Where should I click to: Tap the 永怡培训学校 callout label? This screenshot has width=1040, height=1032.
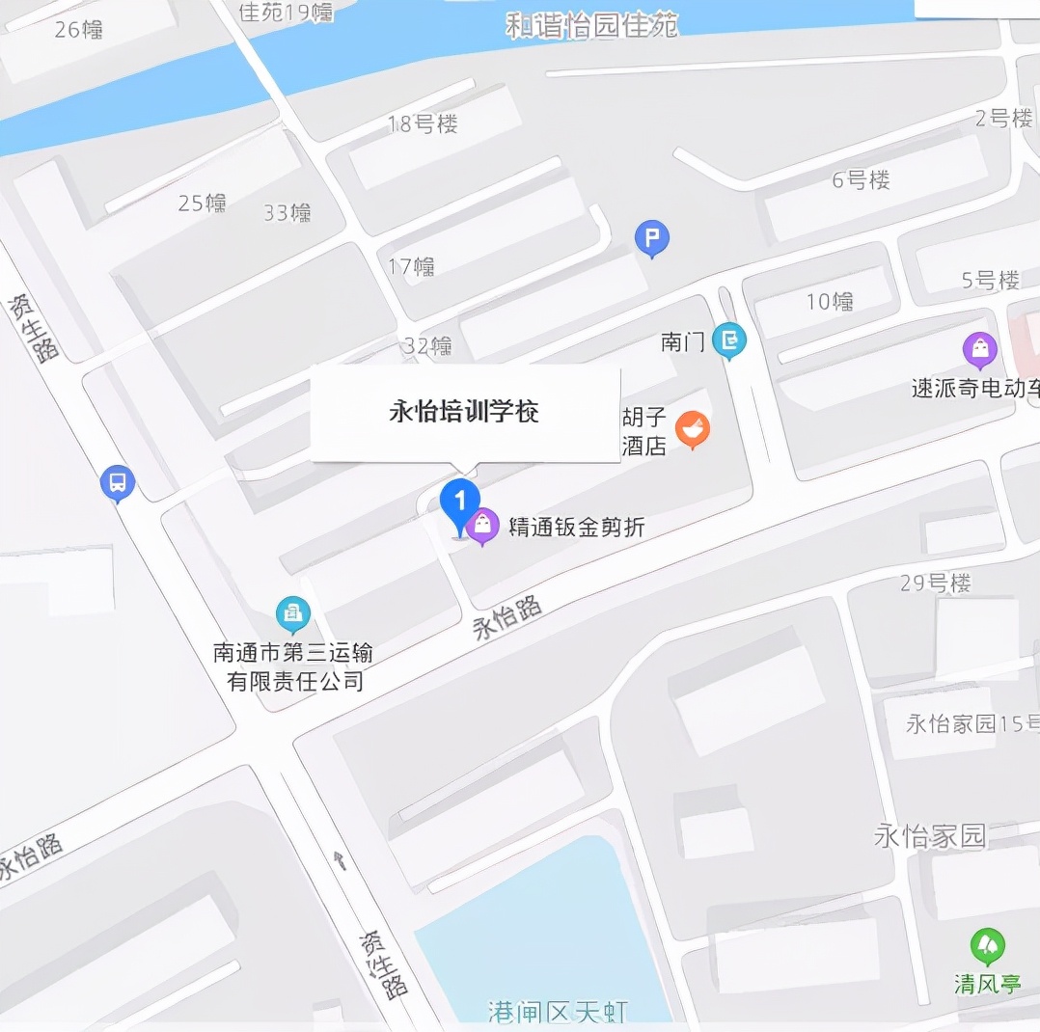pyautogui.click(x=464, y=413)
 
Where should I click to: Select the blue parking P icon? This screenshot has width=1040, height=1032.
pyautogui.click(x=652, y=237)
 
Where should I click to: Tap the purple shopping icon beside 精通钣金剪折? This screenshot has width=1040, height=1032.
pyautogui.click(x=482, y=526)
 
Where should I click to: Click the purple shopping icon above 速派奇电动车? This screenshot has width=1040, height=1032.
pyautogui.click(x=980, y=349)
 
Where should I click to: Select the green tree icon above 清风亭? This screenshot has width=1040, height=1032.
pyautogui.click(x=987, y=946)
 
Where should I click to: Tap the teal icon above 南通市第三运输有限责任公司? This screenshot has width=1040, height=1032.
pyautogui.click(x=292, y=613)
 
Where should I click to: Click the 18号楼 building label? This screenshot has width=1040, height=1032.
pyautogui.click(x=423, y=123)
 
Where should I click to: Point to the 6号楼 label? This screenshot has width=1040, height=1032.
pyautogui.click(x=861, y=179)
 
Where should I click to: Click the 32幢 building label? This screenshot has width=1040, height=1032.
pyautogui.click(x=428, y=345)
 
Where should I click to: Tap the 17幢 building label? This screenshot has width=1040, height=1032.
pyautogui.click(x=411, y=266)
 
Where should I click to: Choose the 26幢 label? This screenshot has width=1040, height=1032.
pyautogui.click(x=79, y=29)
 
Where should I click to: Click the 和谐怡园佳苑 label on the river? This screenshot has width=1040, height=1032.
pyautogui.click(x=592, y=25)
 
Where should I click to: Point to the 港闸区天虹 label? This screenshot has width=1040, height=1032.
pyautogui.click(x=559, y=1012)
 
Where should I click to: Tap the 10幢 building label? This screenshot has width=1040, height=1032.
pyautogui.click(x=830, y=302)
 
